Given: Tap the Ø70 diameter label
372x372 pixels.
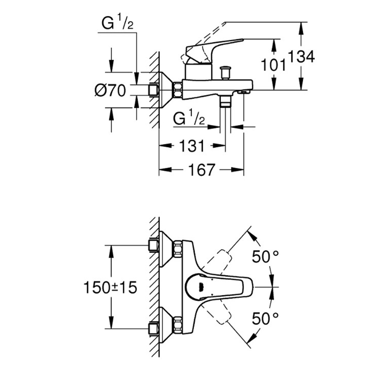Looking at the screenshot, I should [x=110, y=90].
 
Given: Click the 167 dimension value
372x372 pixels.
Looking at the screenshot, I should [x=202, y=170].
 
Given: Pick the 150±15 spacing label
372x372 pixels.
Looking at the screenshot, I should [x=110, y=287].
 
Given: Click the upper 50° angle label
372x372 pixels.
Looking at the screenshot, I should [x=265, y=256].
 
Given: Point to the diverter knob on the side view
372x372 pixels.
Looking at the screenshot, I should [x=225, y=72].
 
